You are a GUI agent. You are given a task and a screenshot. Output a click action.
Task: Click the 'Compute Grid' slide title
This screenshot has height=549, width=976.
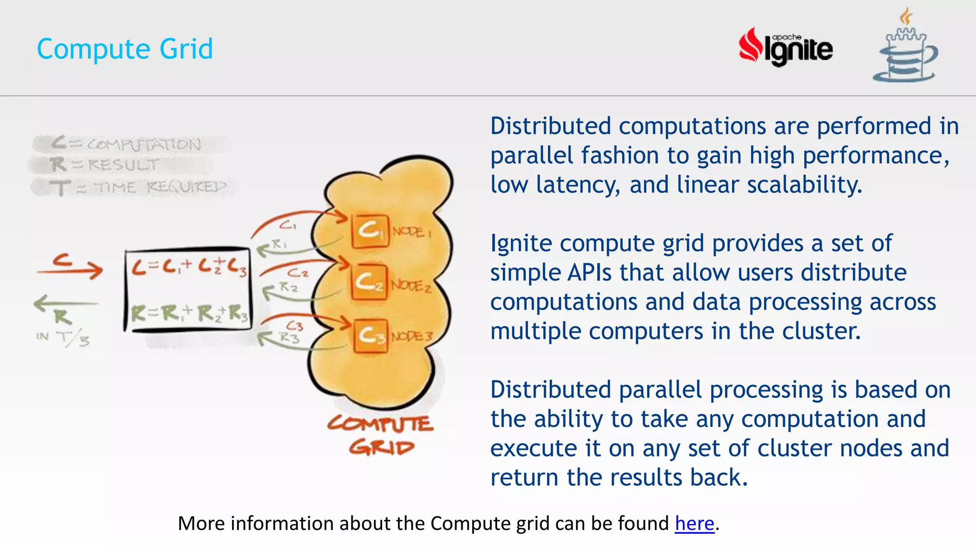tap(125, 49)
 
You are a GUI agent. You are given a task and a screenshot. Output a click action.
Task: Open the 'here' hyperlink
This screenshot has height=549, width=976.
tap(694, 523)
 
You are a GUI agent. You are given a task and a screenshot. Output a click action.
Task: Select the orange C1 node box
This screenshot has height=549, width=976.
tap(370, 231)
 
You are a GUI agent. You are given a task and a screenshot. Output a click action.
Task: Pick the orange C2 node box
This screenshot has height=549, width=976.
tap(369, 282)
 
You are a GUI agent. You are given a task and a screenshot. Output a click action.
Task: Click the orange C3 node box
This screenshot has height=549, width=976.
tap(371, 335)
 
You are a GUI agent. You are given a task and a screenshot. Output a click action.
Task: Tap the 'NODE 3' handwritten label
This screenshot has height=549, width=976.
tap(412, 336)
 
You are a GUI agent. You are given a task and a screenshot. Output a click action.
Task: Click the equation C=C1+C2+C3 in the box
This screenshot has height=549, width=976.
tap(189, 268)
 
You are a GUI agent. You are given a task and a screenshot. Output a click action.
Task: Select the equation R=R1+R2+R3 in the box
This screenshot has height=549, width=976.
tap(189, 314)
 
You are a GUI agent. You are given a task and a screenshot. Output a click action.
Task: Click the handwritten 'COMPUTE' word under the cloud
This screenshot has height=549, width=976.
tap(381, 424)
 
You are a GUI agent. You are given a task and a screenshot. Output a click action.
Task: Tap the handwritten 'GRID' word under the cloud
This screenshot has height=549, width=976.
tap(381, 447)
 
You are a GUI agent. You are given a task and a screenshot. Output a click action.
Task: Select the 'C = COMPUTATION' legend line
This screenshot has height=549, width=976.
tap(127, 143)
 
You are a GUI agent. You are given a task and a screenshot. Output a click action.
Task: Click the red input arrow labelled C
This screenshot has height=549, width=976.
tap(70, 268)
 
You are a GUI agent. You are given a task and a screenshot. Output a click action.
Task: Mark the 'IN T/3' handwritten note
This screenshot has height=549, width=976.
tap(63, 338)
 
